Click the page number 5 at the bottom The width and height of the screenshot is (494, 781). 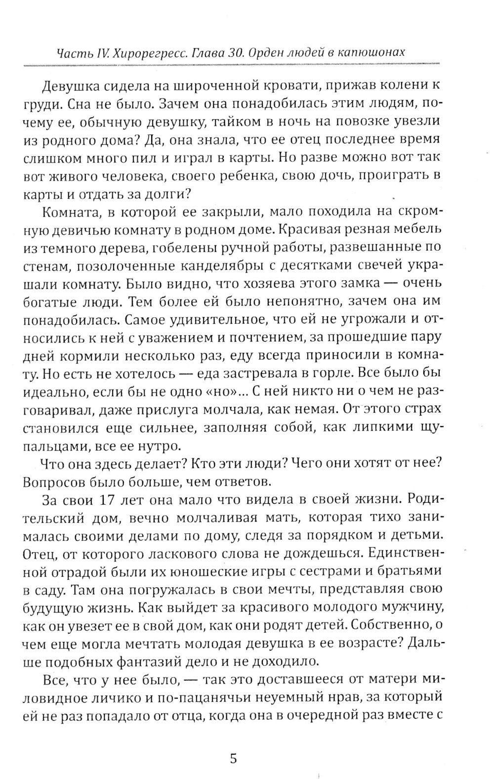click(234, 743)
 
